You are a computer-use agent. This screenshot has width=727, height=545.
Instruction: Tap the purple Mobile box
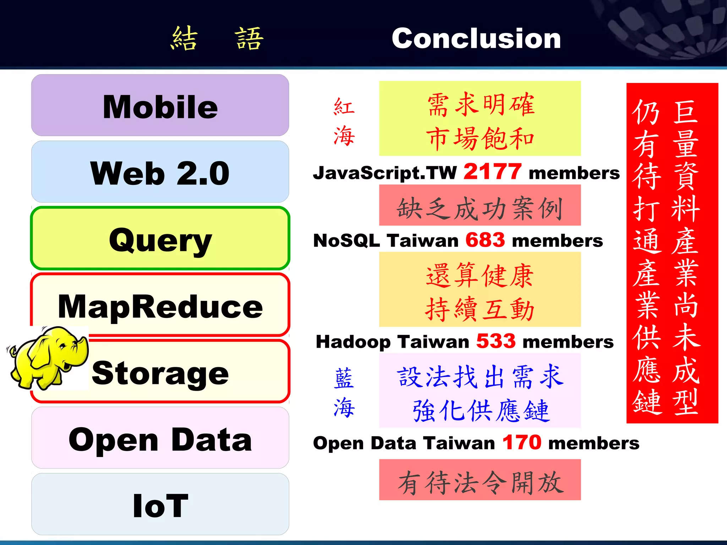pyautogui.click(x=160, y=105)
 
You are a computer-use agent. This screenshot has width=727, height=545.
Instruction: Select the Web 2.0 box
pyautogui.click(x=160, y=172)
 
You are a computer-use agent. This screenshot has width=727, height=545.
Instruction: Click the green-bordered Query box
pyautogui.click(x=160, y=238)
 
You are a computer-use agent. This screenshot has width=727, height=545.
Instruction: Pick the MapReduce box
pyautogui.click(x=160, y=305)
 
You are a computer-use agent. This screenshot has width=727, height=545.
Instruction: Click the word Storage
pyautogui.click(x=160, y=373)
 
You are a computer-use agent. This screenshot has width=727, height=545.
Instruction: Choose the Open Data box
pyautogui.click(x=160, y=438)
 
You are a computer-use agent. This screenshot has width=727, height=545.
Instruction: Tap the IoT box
pyautogui.click(x=160, y=505)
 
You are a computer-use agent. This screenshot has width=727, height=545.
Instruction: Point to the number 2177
pyautogui.click(x=492, y=172)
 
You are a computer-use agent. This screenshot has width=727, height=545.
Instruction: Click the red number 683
pyautogui.click(x=485, y=240)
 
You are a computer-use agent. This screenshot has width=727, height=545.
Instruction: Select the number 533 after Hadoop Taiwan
pyautogui.click(x=496, y=341)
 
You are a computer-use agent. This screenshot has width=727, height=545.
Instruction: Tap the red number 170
pyautogui.click(x=522, y=442)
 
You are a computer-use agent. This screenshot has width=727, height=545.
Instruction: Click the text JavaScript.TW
pyautogui.click(x=385, y=173)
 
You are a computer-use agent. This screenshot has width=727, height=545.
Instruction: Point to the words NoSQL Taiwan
pyautogui.click(x=386, y=241)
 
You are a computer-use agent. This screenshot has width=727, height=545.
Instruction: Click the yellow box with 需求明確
pyautogui.click(x=480, y=118)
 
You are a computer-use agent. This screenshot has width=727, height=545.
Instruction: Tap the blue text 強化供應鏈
pyautogui.click(x=481, y=411)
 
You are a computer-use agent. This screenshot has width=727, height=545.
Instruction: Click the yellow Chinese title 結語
pyautogui.click(x=217, y=38)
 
